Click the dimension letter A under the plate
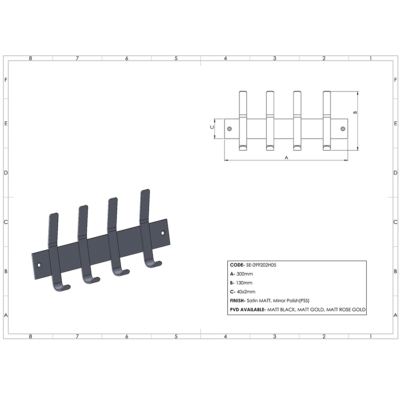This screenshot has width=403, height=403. (x=287, y=158)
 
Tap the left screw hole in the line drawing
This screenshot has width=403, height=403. (x=230, y=129)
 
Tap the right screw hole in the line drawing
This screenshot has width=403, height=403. (x=343, y=129)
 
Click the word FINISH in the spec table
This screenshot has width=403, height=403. (x=238, y=301)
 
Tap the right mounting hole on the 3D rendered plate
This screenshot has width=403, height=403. (x=163, y=233)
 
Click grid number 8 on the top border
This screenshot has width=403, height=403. (x=30, y=58)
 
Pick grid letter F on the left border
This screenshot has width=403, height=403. (x=6, y=79)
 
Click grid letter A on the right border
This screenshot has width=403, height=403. (x=396, y=315)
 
